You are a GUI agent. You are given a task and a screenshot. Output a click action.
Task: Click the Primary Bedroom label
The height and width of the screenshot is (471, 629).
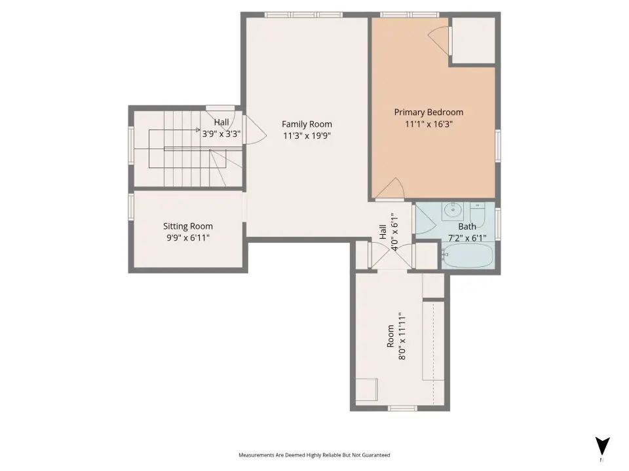point(429,112)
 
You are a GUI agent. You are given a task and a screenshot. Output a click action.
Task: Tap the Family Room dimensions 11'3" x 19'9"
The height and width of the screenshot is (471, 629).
point(307,136)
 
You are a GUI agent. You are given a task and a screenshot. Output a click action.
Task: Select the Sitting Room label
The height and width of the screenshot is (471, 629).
point(188,226)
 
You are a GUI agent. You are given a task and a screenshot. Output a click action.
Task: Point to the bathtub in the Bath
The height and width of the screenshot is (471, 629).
point(468,256)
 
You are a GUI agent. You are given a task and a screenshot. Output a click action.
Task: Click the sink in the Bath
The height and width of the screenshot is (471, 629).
point(453,211)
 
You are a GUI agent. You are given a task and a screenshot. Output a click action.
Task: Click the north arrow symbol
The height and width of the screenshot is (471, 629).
point(602,446)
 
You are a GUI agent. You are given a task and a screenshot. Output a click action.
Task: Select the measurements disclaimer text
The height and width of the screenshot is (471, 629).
point(314,455)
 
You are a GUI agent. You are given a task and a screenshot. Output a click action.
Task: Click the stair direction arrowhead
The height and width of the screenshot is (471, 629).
point(198,130)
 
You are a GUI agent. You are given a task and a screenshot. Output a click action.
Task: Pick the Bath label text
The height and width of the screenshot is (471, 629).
point(467,227)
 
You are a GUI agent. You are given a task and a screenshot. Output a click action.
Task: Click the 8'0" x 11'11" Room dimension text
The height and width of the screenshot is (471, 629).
point(402,336)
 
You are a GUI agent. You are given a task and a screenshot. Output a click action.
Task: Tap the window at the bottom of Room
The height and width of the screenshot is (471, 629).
point(403,408)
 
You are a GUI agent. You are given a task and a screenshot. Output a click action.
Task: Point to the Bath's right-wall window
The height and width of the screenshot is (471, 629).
point(498,224)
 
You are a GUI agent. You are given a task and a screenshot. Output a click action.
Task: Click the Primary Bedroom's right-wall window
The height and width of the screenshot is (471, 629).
point(498,145)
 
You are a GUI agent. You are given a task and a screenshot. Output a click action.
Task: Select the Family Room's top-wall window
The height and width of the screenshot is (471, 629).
point(303,15)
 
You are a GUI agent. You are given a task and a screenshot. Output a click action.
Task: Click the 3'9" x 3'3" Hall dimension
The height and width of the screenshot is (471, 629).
point(221,133)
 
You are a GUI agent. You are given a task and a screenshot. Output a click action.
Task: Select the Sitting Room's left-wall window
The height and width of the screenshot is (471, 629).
point(131,207)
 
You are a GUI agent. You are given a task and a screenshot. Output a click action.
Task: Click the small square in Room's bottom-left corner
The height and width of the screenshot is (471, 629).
point(367,389)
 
